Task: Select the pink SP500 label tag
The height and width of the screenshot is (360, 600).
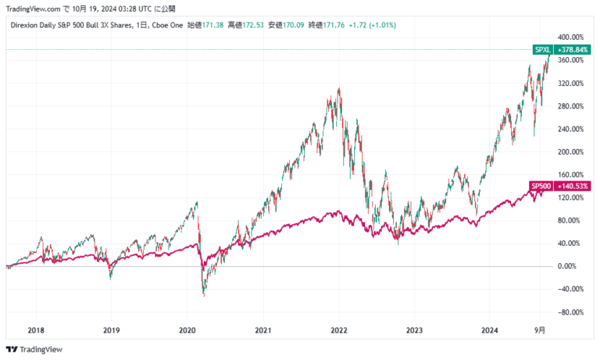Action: pos(540,186)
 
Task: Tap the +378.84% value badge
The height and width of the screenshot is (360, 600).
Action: pos(571,49)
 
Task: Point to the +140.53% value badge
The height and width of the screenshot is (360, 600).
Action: pos(570,186)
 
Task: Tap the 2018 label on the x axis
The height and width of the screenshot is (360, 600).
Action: pos(36,330)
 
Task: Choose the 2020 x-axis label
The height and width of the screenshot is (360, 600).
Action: pos(187,330)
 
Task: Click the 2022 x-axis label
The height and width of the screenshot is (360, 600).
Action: pos(338,330)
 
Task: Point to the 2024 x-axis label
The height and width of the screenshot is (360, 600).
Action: pos(490,330)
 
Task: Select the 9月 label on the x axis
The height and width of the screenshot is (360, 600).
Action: pos(540,330)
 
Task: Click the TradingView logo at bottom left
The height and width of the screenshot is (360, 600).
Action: pos(34,349)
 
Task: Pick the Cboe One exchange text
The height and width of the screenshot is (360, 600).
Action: pos(170,26)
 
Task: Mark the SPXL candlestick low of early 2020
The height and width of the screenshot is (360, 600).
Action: pos(204,295)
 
